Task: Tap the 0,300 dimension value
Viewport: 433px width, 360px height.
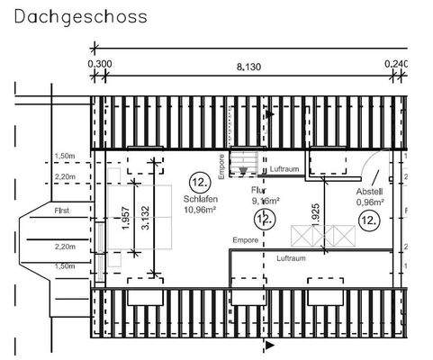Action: pos(100,65)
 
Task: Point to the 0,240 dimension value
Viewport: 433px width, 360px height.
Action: pos(395,65)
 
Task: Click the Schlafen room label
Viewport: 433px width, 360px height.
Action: pos(198,199)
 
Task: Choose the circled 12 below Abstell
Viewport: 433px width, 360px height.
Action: pos(368,220)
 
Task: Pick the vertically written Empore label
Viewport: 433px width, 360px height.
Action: pos(221,166)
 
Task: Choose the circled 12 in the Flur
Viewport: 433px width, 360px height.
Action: pos(261,220)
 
